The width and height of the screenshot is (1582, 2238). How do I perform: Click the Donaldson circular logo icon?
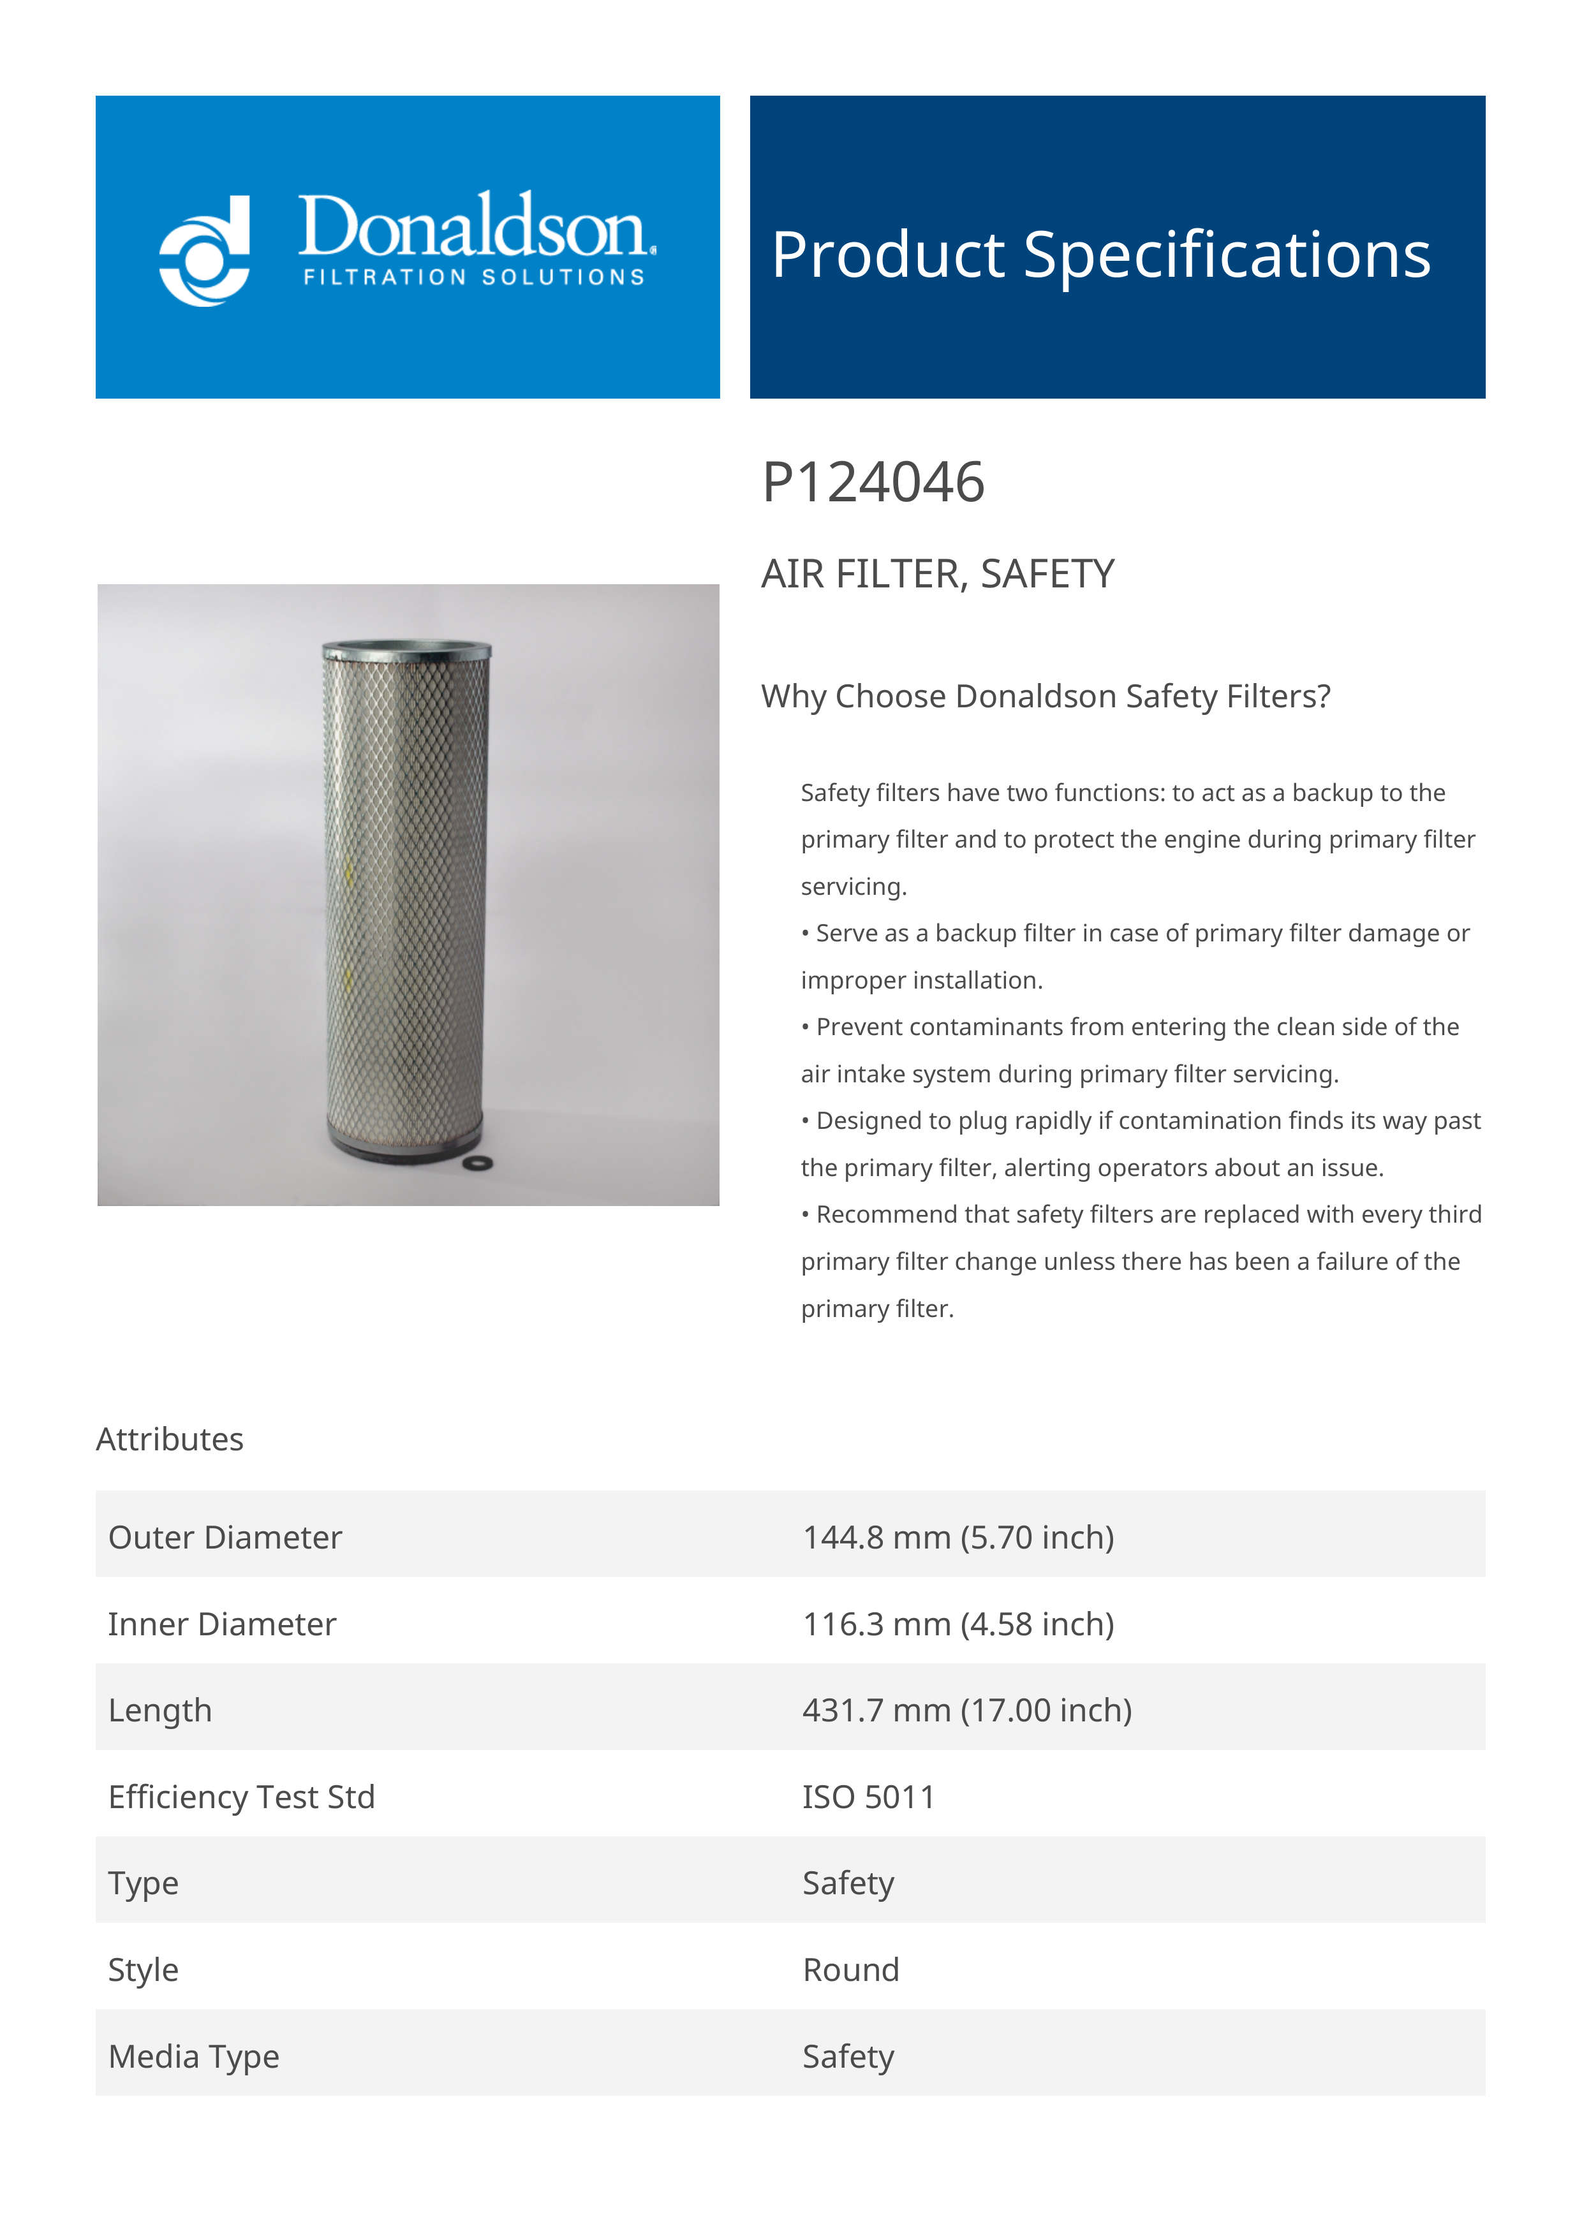[x=205, y=251]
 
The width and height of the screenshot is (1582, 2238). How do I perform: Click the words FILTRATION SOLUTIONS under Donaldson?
[x=474, y=278]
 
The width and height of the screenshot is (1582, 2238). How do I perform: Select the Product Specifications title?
[x=1100, y=255]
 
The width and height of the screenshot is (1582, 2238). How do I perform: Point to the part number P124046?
[x=873, y=483]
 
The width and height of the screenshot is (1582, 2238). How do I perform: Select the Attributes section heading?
[x=170, y=1439]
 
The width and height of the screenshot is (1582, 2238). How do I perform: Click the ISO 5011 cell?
[x=868, y=1797]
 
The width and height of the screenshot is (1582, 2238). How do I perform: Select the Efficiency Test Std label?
[x=242, y=1797]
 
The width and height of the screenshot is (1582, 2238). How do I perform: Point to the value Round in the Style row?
[x=850, y=1970]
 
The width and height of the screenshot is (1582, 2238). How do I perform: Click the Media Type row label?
[x=194, y=2057]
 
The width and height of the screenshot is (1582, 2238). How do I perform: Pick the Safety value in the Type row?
[x=847, y=1883]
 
